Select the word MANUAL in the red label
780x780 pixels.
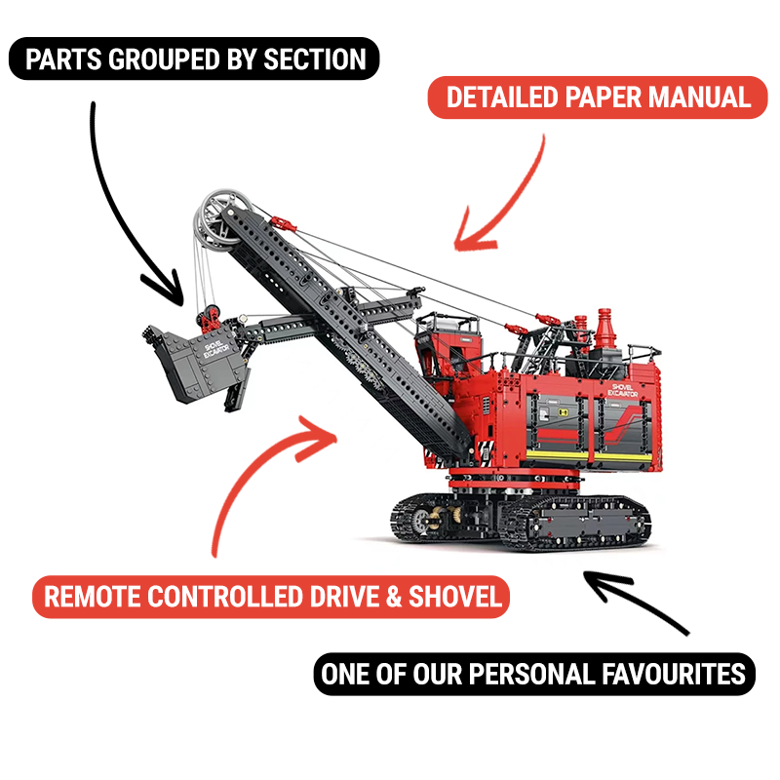coord(700,97)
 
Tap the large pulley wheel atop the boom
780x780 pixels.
coord(223,218)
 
